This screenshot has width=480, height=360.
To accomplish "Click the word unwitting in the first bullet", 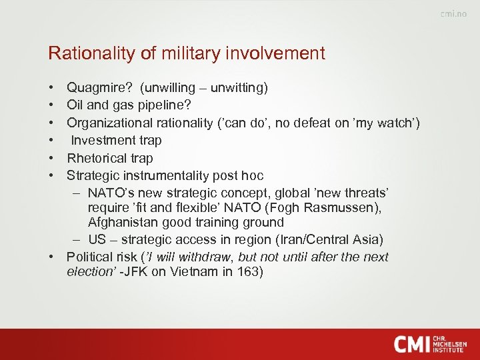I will coord(239,88).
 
